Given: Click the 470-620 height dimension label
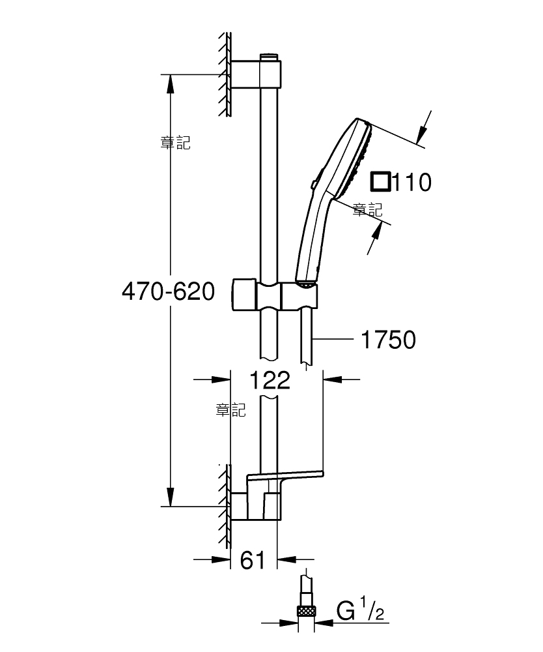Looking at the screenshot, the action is coord(168,291).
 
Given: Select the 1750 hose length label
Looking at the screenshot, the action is coord(388,340).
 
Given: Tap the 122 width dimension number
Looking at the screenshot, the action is coord(270,380).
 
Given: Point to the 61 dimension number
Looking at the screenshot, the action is coord(253,560).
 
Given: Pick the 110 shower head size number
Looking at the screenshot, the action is coord(411,182).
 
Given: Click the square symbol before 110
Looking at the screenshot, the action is coord(381,182).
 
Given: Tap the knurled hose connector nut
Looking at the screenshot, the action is coord(307,612).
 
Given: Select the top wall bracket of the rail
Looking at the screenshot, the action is coord(256,74).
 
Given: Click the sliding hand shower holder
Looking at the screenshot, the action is coord(275,295).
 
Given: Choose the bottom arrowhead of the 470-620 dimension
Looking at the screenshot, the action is coord(170,497).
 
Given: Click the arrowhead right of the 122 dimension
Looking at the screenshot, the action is coord(332,379).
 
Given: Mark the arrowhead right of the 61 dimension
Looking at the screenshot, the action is coord(286,559).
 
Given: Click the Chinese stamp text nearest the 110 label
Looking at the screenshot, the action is coord(367,209).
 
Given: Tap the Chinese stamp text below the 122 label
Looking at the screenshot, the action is coord(231,410).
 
